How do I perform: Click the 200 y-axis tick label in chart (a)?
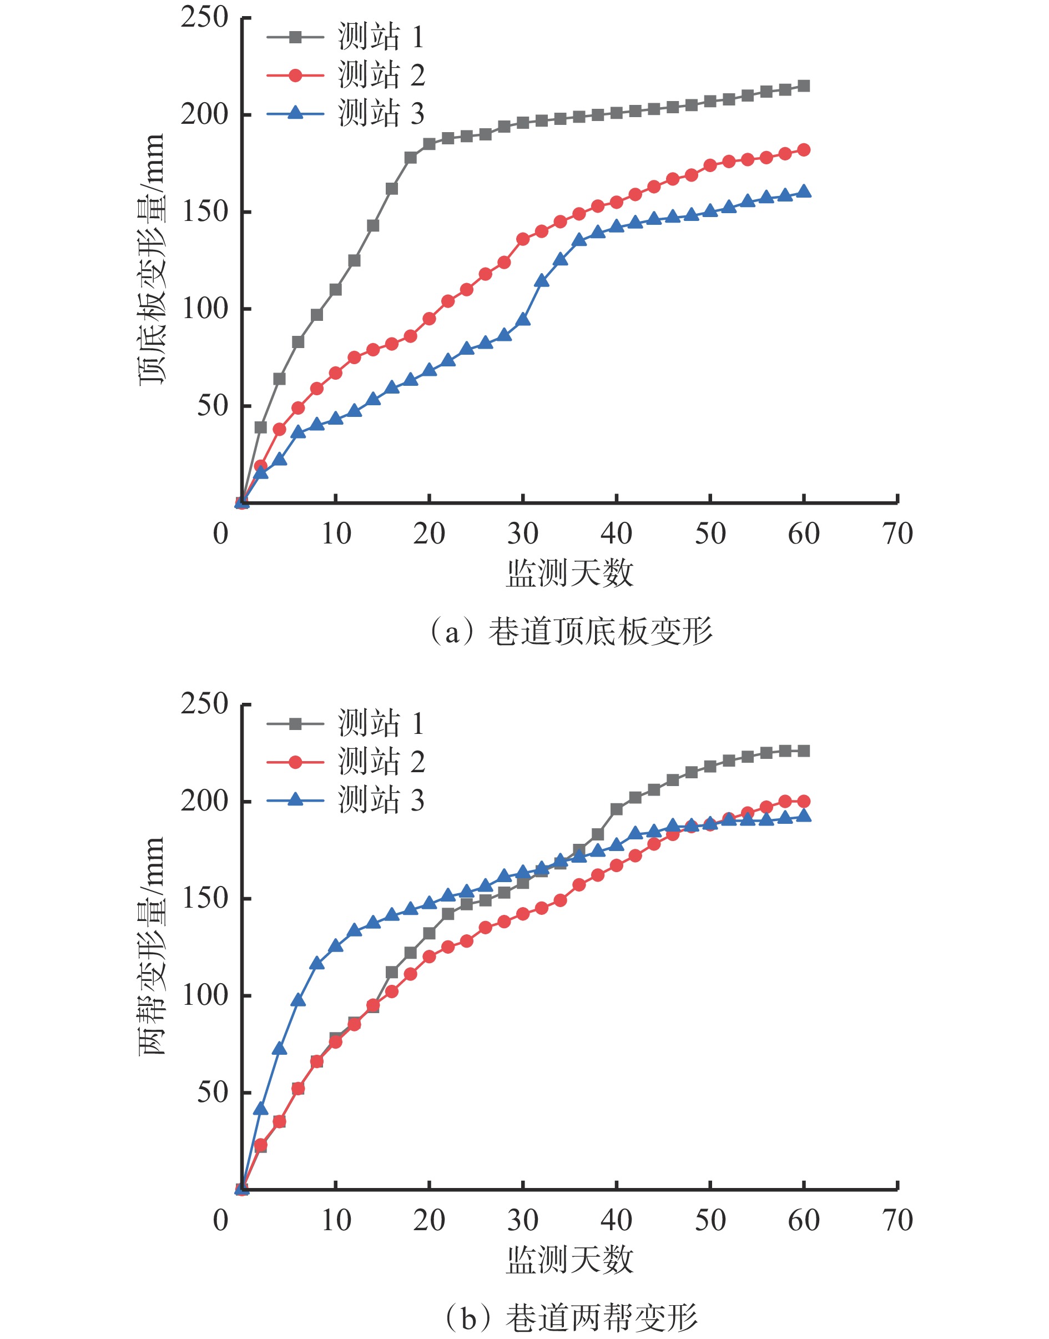click(x=204, y=114)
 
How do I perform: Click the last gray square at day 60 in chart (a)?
click(x=804, y=86)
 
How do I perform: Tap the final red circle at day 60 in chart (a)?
click(x=804, y=150)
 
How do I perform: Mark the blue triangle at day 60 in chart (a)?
click(x=804, y=192)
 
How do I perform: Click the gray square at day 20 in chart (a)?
click(x=429, y=144)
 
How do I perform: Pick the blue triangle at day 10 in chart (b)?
click(x=336, y=946)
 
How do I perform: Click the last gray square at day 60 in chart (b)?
click(x=804, y=751)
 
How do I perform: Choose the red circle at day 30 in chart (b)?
click(x=523, y=913)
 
